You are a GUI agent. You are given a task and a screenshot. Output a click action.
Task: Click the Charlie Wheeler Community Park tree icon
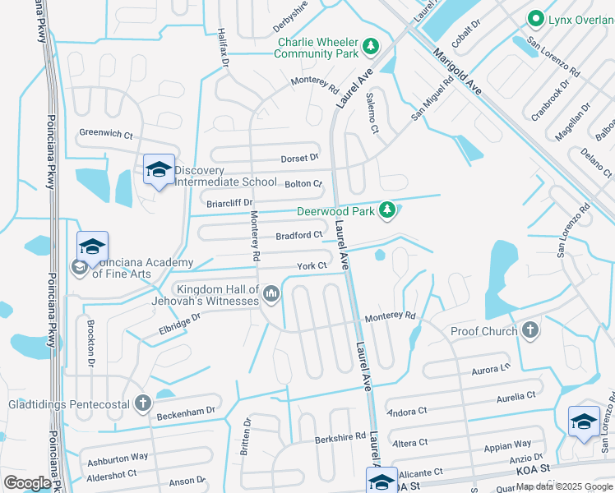point(371,46)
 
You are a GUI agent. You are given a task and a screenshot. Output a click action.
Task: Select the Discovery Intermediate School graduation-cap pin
point(158,170)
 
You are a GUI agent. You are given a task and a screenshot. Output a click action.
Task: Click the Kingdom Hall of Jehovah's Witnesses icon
point(271,294)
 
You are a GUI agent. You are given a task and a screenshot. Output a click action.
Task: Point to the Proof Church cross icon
point(530,330)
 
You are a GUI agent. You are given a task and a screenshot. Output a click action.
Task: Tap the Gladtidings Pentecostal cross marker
point(143,403)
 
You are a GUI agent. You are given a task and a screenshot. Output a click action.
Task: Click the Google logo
point(27,483)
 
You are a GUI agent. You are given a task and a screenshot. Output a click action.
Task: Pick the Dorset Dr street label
point(299,158)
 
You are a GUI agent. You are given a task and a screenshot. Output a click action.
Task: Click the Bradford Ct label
point(298,235)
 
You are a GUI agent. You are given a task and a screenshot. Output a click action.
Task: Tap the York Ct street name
point(312,266)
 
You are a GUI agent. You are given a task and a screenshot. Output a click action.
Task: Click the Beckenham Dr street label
point(187,410)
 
